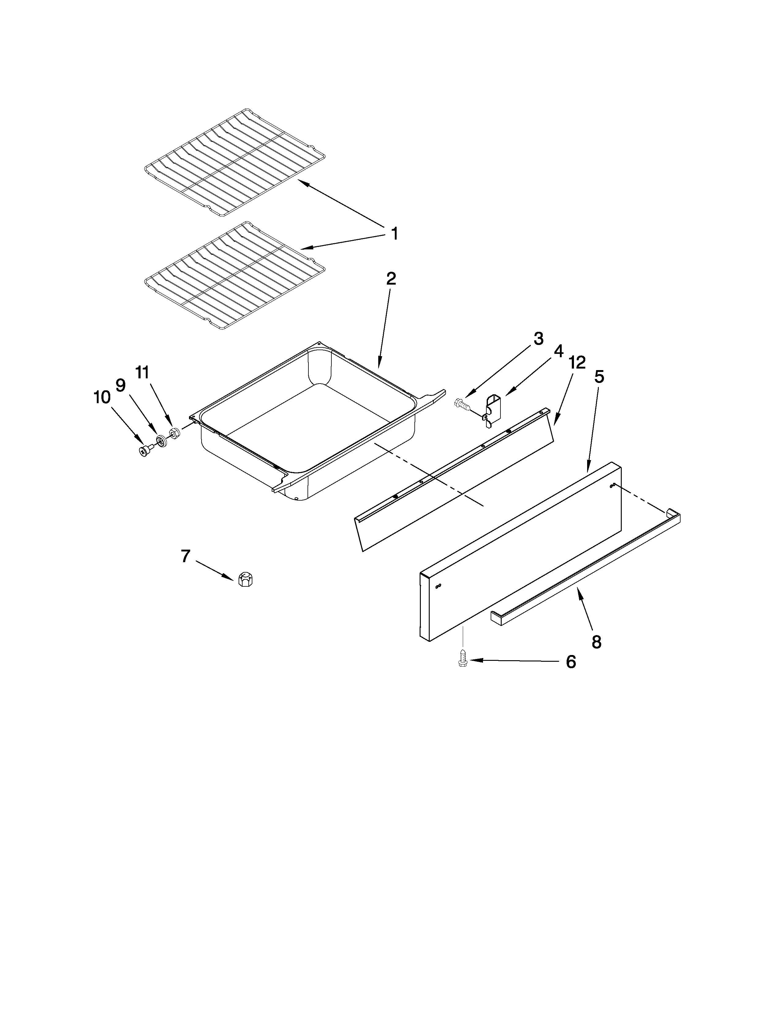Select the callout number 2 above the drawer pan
pos(391,279)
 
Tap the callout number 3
pos(538,339)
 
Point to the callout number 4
pos(558,351)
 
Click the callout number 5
pos(599,377)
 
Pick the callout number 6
pos(571,662)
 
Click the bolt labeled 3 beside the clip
pos(462,404)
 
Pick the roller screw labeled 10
pos(145,449)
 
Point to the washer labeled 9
pos(161,440)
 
